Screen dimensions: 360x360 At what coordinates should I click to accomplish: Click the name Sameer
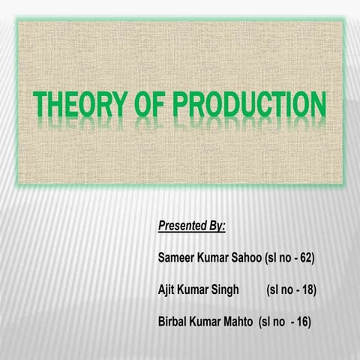(178, 257)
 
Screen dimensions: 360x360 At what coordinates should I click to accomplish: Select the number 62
(304, 257)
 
